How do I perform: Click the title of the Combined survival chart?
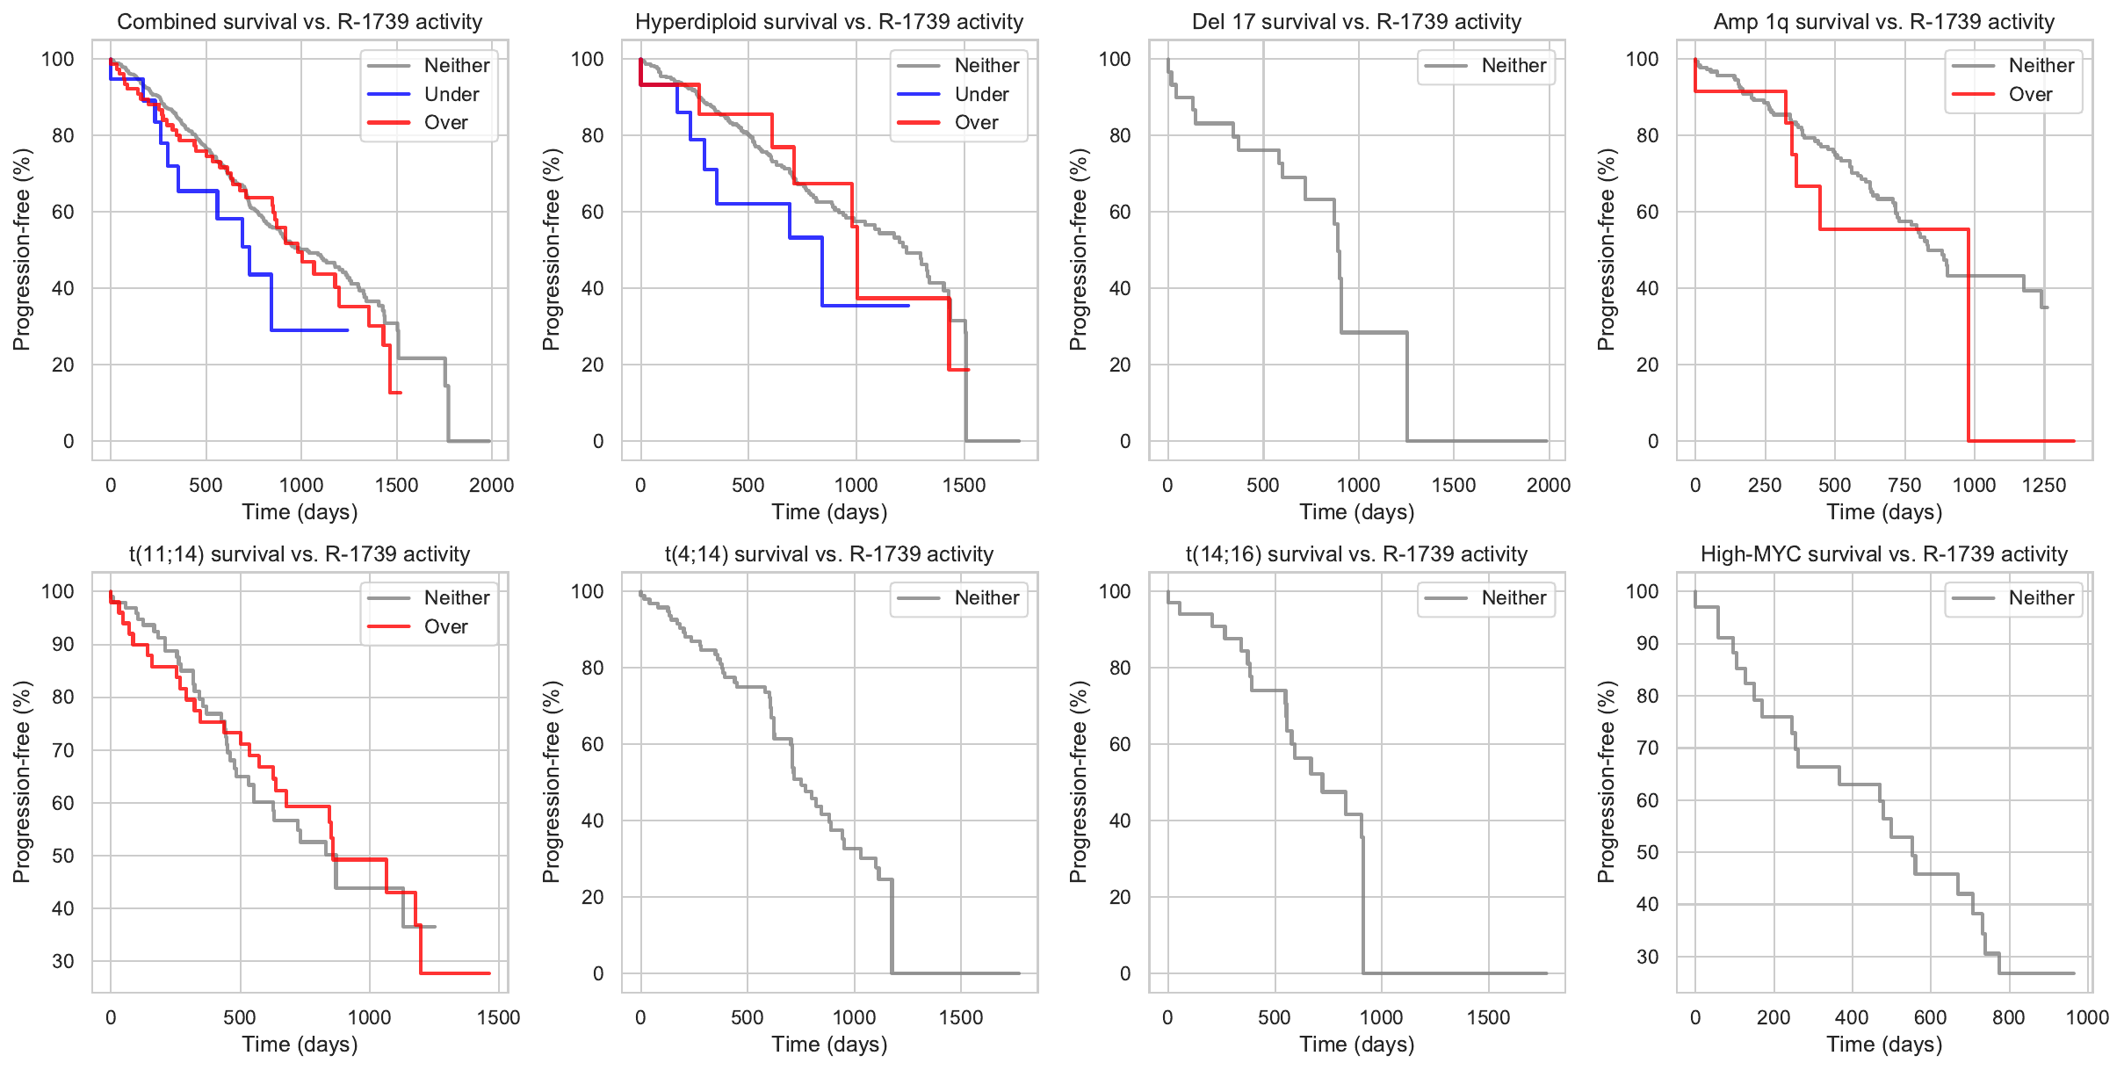(x=300, y=22)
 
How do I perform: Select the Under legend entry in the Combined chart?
(x=451, y=94)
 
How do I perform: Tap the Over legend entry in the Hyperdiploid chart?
(x=976, y=123)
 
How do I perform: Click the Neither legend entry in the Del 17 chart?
(x=1513, y=66)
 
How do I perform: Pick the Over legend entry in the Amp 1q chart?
(x=2030, y=95)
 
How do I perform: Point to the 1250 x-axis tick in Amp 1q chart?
(x=2044, y=485)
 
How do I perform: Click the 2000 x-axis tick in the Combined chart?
(x=491, y=485)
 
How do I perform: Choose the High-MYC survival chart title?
(x=1884, y=554)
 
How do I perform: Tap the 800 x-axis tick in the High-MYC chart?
(x=2008, y=1017)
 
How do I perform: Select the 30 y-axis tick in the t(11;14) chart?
(x=63, y=961)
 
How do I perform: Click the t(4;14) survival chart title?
(x=829, y=554)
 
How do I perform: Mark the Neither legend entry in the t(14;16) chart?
(x=1513, y=598)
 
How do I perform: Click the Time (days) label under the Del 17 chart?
(x=1357, y=512)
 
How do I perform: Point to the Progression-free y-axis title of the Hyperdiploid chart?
(x=552, y=249)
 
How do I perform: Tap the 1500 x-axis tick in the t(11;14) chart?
(x=498, y=1017)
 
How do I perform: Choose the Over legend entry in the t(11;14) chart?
(x=445, y=627)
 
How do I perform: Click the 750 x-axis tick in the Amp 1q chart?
(x=1904, y=485)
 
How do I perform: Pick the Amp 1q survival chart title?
(x=1884, y=22)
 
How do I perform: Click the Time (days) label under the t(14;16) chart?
(x=1357, y=1045)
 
